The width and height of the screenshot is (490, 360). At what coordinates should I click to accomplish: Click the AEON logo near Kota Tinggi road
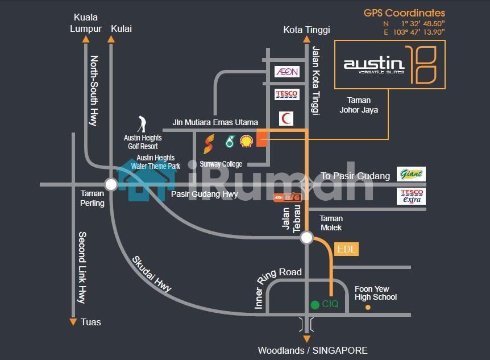pos(286,72)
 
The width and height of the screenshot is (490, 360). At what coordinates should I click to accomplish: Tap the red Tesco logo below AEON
pos(286,94)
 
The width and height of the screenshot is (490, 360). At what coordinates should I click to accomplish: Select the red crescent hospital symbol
pos(286,119)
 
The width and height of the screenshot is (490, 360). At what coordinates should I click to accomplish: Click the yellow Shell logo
pos(247,141)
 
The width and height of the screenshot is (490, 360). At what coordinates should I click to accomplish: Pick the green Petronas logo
pos(230,142)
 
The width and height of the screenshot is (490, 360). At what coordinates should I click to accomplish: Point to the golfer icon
pos(142,124)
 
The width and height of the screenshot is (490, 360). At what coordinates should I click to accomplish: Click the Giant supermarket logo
pos(411,175)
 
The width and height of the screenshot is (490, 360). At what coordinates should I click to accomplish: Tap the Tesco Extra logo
pos(411,196)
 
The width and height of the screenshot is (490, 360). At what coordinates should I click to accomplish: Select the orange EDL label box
pos(347,249)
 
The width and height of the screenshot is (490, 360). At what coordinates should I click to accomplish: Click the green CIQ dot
pos(315,305)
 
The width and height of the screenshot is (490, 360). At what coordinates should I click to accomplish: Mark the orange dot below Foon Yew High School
pos(368,308)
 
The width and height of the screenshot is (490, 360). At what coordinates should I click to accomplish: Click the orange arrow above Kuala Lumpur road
pos(86,40)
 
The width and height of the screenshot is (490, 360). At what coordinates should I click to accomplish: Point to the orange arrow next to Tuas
pos(73,322)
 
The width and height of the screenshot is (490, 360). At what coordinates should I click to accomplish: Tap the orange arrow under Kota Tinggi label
pos(306,40)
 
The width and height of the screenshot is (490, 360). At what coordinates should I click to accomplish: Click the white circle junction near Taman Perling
pos(111,184)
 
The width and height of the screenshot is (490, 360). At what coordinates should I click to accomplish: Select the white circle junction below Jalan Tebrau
pos(306,238)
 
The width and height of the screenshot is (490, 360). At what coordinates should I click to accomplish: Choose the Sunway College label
pos(221,164)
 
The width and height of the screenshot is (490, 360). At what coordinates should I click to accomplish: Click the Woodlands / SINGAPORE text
pos(313,350)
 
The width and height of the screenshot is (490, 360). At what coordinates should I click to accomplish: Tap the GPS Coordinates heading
pos(404,13)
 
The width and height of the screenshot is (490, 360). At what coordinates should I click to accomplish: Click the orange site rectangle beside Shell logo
pos(261,138)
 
